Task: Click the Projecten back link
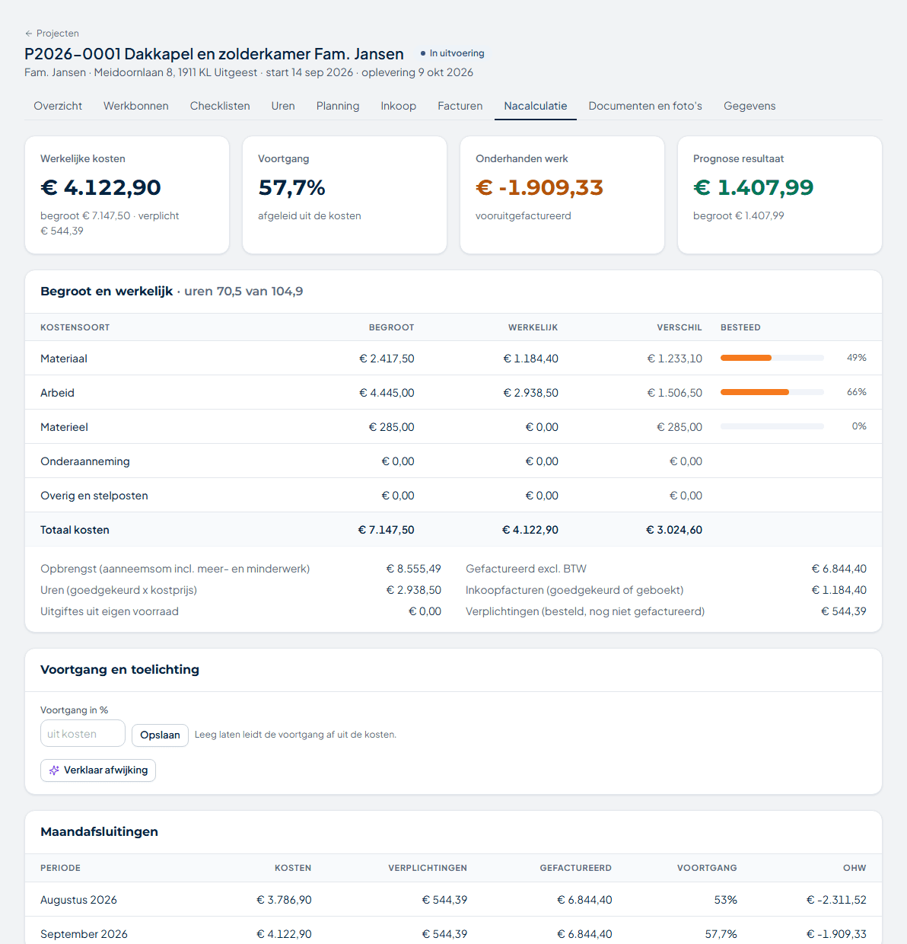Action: [x=52, y=33]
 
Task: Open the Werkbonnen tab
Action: [x=135, y=106]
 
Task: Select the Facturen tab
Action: [x=460, y=106]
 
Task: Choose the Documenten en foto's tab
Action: [x=644, y=106]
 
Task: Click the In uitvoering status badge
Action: [x=452, y=53]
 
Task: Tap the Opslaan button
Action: [x=160, y=735]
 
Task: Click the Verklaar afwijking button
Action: [x=98, y=770]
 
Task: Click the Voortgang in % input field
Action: [x=83, y=733]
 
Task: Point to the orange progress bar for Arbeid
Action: [x=754, y=392]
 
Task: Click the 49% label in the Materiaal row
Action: [x=856, y=358]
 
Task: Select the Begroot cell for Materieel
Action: [x=391, y=427]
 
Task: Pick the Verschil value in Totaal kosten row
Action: [x=674, y=530]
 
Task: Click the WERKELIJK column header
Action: [x=533, y=327]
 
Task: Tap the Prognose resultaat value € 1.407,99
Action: [x=753, y=187]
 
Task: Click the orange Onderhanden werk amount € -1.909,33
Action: [x=539, y=187]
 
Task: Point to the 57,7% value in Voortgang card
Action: [x=291, y=187]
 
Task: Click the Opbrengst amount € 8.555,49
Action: [x=413, y=569]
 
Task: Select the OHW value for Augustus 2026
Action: [x=836, y=900]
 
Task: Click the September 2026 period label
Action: [x=84, y=934]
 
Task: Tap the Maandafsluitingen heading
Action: [x=100, y=831]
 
